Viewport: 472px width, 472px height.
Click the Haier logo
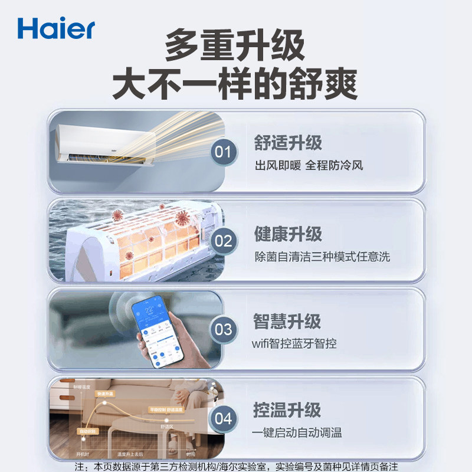(x=56, y=28)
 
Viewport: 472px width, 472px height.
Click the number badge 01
(x=224, y=152)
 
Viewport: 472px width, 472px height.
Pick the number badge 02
(x=224, y=241)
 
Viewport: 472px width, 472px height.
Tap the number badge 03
(x=224, y=329)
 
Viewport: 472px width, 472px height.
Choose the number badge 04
(x=224, y=418)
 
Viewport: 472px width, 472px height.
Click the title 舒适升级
(x=288, y=143)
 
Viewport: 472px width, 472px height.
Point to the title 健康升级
(x=288, y=234)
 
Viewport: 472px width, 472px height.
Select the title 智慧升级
(x=287, y=322)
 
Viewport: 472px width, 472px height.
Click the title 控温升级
(x=287, y=410)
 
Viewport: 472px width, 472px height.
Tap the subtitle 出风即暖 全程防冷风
(x=309, y=165)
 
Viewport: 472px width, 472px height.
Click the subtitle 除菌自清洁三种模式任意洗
(x=322, y=256)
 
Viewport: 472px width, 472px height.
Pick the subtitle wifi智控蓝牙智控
(x=295, y=343)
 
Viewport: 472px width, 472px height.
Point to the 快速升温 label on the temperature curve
(x=105, y=394)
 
